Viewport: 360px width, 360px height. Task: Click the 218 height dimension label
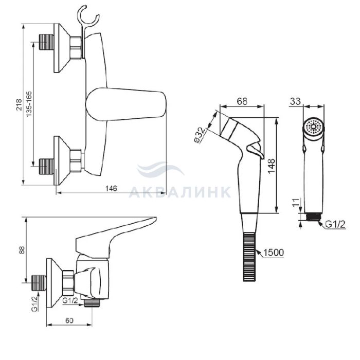[x=19, y=104]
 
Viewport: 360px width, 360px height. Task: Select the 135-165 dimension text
[x=29, y=104]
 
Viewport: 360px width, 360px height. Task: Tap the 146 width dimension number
[x=111, y=189]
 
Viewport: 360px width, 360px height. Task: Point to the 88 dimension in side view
[x=22, y=250]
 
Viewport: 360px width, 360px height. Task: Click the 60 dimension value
[x=69, y=320]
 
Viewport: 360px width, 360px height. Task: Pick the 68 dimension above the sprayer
[x=242, y=101]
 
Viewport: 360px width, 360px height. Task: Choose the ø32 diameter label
[x=200, y=135]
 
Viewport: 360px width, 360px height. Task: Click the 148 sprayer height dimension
[x=271, y=166]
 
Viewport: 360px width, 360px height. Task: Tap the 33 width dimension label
[x=295, y=101]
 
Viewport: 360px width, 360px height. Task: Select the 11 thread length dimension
[x=296, y=202]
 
